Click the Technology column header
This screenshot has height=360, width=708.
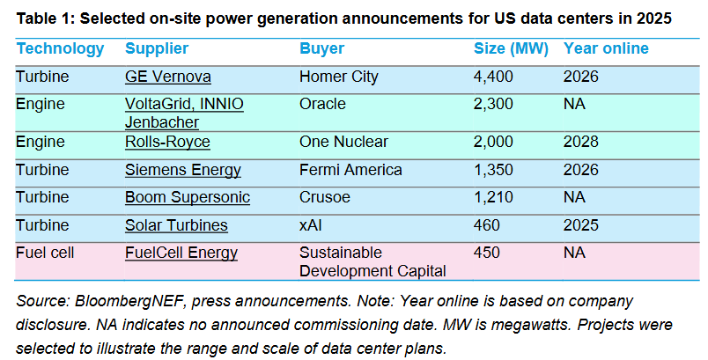point(60,48)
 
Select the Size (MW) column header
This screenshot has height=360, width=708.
point(511,48)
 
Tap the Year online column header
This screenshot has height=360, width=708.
point(606,48)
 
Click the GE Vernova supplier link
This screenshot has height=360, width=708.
point(168,77)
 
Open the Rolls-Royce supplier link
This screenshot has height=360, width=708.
point(167,142)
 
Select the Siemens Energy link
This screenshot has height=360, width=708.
point(183,170)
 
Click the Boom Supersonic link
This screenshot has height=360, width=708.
point(188,197)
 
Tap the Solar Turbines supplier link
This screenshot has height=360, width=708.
point(176,225)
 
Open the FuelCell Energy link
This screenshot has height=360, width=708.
point(181,253)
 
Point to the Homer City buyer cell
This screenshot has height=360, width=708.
point(339,77)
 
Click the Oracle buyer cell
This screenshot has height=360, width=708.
point(322,104)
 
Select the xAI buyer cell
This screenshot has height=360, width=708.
point(311,225)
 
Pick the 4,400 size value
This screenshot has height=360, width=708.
point(493,77)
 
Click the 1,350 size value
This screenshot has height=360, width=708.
point(493,170)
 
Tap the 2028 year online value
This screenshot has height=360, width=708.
point(580,142)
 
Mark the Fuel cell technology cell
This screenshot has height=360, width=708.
point(45,253)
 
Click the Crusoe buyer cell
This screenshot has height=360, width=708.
point(325,197)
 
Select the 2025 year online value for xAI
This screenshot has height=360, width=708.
point(580,225)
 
